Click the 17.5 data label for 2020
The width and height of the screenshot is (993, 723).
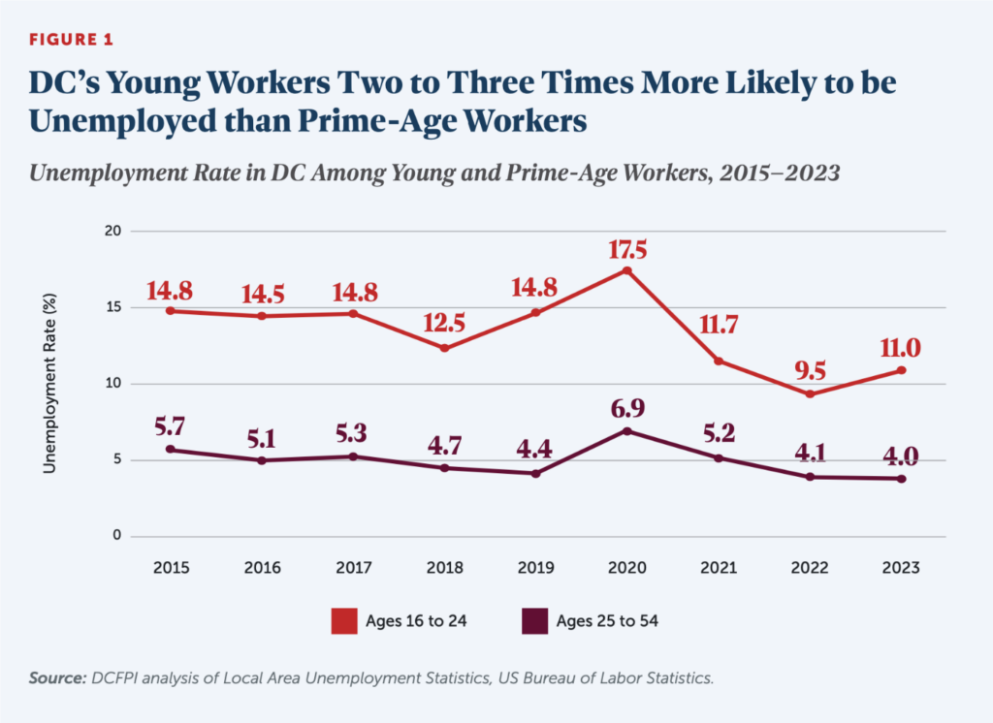click(x=627, y=249)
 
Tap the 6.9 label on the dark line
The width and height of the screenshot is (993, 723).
click(x=627, y=409)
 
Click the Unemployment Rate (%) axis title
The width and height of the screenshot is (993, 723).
click(x=48, y=384)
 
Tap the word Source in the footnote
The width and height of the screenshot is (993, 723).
click(x=54, y=678)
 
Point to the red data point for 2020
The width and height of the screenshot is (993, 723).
click(x=627, y=270)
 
